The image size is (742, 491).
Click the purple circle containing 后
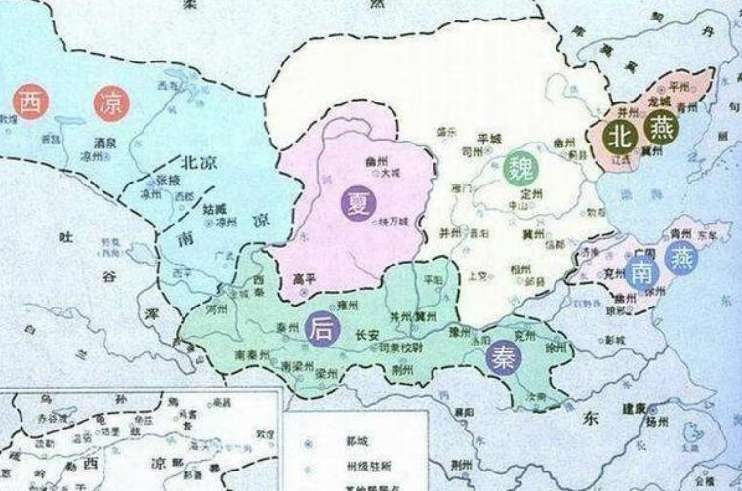pyautogui.click(x=321, y=329)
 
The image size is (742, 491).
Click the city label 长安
pyautogui.click(x=366, y=334)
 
